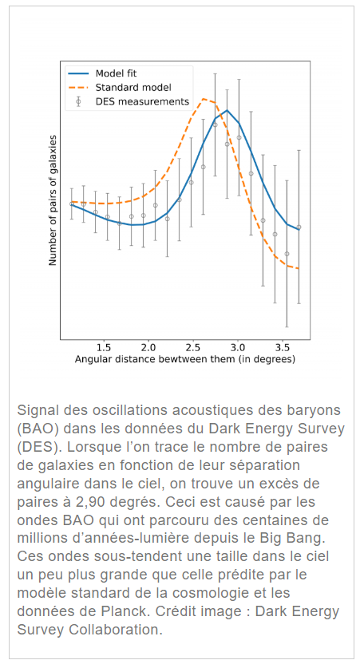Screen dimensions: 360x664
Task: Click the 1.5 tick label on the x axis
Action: click(x=103, y=348)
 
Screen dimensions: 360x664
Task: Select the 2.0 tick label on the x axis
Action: click(x=148, y=348)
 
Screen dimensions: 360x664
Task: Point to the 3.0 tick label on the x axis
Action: click(x=238, y=348)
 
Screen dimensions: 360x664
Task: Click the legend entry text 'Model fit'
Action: click(x=116, y=73)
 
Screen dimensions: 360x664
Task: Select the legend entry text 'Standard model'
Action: click(x=133, y=88)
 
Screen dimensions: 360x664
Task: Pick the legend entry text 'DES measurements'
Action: click(x=142, y=101)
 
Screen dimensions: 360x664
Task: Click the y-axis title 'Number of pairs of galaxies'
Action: click(x=53, y=200)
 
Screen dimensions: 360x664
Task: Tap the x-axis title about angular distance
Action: click(x=185, y=359)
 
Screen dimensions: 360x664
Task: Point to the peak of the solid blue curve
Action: click(x=227, y=110)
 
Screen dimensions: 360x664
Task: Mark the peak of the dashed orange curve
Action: click(x=204, y=99)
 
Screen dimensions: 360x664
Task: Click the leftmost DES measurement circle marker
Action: click(x=72, y=204)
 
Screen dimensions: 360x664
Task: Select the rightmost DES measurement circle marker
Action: click(x=299, y=227)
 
